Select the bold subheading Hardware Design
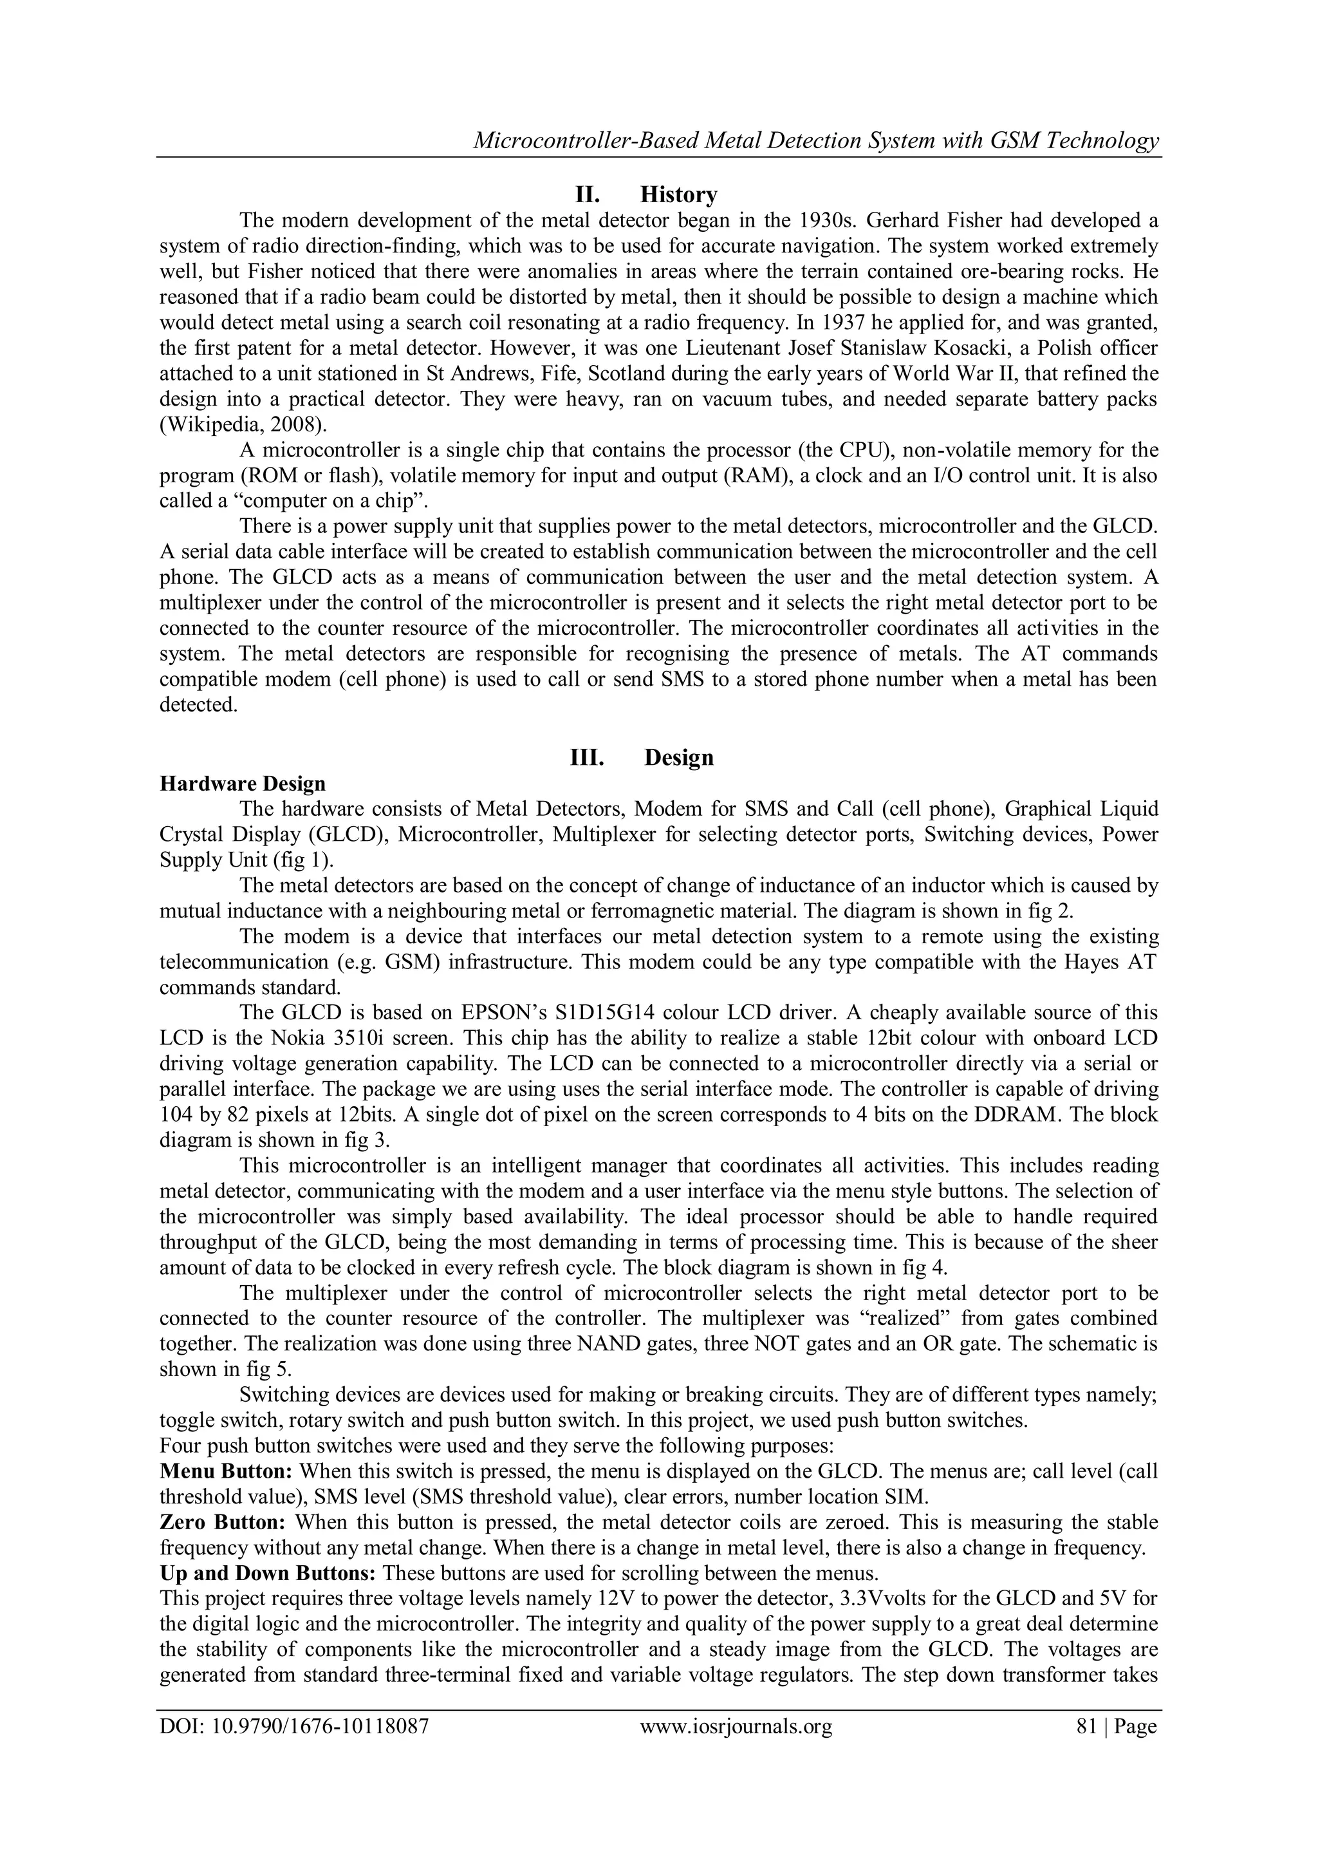[x=243, y=784]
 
